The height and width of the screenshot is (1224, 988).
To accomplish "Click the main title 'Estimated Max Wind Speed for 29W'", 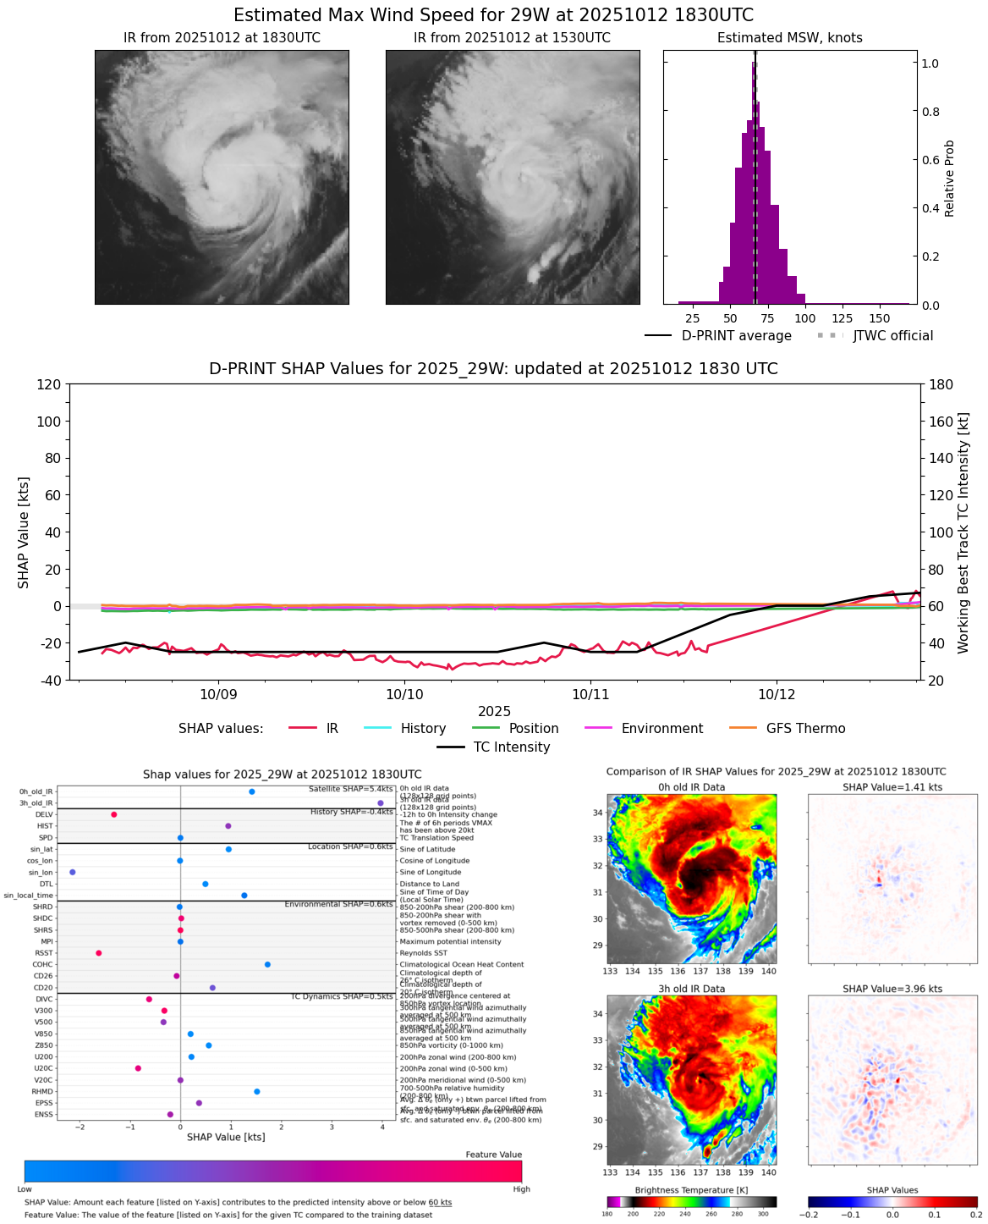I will [x=493, y=15].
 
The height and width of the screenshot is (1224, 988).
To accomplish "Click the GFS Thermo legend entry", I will [x=805, y=728].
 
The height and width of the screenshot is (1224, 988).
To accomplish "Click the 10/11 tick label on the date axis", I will [x=590, y=695].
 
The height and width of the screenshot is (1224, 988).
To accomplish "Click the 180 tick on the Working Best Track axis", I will [x=941, y=384].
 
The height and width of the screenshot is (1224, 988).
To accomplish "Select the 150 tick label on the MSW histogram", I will [x=880, y=318].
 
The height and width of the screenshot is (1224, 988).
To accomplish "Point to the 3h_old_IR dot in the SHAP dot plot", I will [x=381, y=802].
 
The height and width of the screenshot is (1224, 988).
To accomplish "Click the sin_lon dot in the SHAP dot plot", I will [x=73, y=872].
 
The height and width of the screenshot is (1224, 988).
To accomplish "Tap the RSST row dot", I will [x=99, y=953].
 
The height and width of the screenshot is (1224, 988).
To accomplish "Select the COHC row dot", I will [x=267, y=964].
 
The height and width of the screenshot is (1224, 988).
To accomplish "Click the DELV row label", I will [x=44, y=814].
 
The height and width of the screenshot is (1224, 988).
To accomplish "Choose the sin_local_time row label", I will [x=28, y=895].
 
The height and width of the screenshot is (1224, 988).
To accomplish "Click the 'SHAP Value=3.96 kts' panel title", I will [x=892, y=989].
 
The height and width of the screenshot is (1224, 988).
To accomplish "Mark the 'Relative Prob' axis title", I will [x=949, y=178].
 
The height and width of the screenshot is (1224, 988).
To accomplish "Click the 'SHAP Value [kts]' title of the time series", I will [x=24, y=532].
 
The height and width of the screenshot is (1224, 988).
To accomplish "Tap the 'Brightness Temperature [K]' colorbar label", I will [x=691, y=1190].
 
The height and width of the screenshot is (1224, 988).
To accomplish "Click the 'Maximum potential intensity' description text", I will [x=450, y=941].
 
